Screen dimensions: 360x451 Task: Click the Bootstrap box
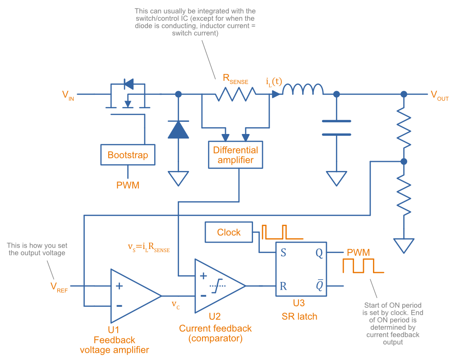point(128,155)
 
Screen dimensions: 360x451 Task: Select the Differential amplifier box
point(235,155)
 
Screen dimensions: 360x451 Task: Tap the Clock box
point(229,232)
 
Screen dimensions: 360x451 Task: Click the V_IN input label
point(68,95)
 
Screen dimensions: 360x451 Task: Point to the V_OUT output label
point(439,95)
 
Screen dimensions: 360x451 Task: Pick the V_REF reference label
point(59,286)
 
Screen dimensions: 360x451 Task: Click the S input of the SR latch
point(283,253)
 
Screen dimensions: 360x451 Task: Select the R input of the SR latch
point(283,286)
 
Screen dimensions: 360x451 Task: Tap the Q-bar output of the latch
point(319,286)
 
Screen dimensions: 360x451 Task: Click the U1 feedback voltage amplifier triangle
point(131,295)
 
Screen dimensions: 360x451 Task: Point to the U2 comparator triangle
point(216,286)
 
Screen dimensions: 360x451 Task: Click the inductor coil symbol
point(303,90)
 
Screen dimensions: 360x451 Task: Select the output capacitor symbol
point(336,128)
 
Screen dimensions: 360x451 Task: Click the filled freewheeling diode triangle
point(178,129)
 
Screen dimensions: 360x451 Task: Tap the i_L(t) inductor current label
point(274,82)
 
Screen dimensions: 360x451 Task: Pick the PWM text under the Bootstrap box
point(128,185)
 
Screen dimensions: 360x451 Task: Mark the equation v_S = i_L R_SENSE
point(149,247)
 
